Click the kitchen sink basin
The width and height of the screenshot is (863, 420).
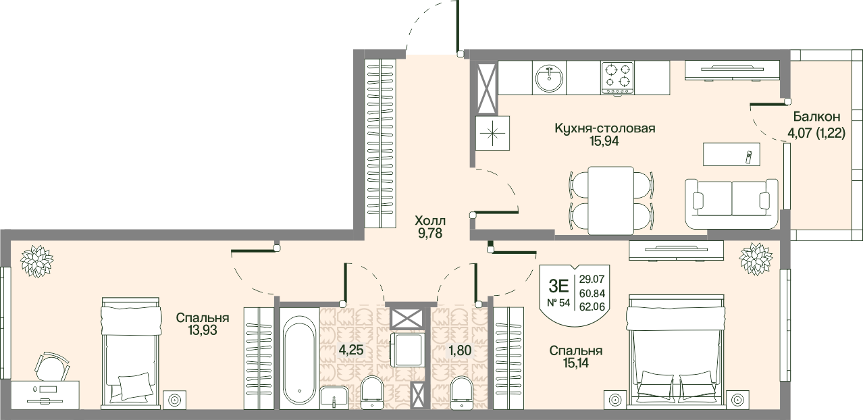click(549, 78)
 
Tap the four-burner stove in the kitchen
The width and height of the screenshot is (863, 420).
click(617, 78)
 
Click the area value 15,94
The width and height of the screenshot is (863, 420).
click(604, 141)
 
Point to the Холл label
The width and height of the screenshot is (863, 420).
click(430, 221)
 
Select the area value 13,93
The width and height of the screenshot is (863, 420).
click(203, 330)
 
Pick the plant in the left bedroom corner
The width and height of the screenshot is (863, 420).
click(37, 261)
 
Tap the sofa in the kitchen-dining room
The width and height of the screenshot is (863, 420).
click(731, 204)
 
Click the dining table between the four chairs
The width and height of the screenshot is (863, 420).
click(611, 201)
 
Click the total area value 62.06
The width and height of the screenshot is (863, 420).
click(592, 307)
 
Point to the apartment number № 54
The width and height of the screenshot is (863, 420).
click(558, 303)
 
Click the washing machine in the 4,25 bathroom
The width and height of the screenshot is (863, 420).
click(407, 350)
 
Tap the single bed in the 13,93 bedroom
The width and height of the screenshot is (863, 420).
click(130, 353)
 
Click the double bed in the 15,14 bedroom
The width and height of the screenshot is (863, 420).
click(676, 352)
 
